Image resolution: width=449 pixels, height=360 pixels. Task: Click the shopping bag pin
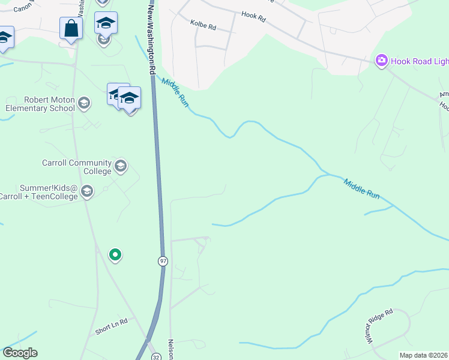click(71, 28)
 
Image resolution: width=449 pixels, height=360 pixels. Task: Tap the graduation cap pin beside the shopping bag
click(106, 23)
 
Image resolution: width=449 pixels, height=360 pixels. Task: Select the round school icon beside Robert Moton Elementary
click(84, 104)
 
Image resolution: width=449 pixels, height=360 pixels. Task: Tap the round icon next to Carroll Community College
click(121, 166)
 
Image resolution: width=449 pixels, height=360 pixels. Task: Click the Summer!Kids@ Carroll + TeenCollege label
click(39, 192)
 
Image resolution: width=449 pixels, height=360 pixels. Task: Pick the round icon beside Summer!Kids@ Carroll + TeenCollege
click(87, 191)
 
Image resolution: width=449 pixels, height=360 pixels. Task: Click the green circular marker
click(115, 255)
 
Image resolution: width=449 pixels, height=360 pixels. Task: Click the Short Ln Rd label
click(112, 327)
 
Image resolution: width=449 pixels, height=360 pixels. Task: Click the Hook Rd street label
click(253, 17)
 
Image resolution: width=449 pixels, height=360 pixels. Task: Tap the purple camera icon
click(381, 61)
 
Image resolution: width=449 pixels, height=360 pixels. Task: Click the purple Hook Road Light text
click(420, 61)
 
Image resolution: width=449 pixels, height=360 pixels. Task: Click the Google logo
click(20, 353)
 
